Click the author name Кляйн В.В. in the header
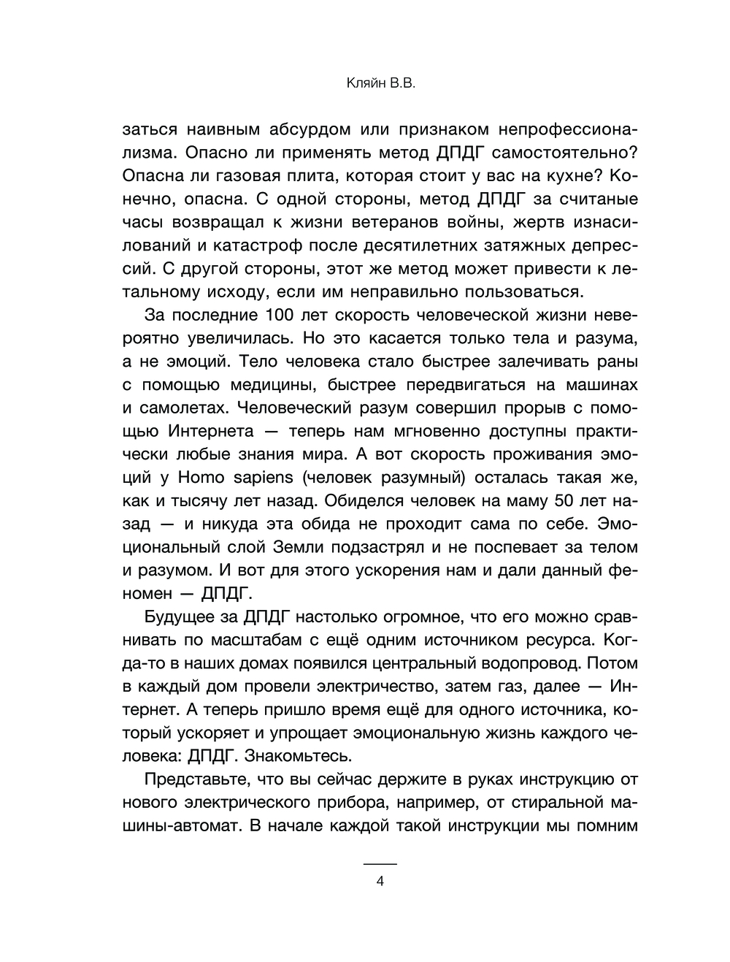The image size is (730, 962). (380, 85)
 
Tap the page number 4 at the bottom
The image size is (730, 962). (380, 881)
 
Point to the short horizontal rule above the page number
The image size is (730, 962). (380, 864)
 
